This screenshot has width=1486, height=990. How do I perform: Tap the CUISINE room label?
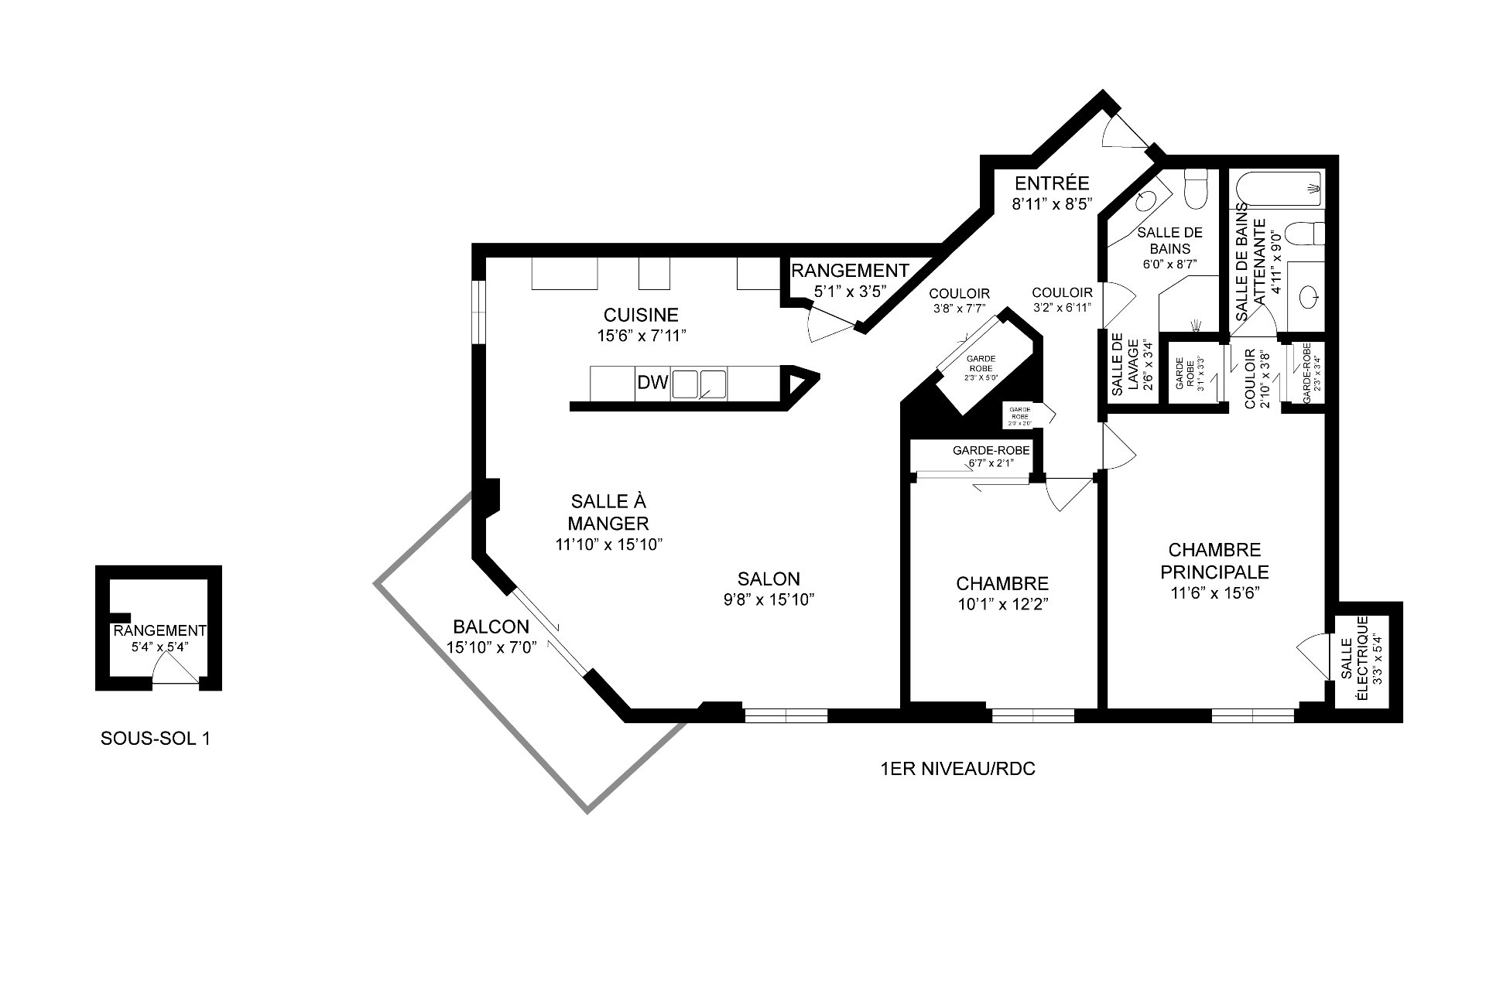coord(641,315)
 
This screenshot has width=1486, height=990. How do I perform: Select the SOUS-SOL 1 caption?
coord(155,739)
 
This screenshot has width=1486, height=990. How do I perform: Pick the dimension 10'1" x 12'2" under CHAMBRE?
coord(1002,604)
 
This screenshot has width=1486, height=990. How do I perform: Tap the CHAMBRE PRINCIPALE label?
coord(1219,561)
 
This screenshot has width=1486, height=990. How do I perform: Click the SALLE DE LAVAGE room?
coord(1129,368)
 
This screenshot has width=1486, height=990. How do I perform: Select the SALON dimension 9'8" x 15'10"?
coord(768,599)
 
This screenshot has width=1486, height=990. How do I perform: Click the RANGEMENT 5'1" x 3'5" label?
coord(848,281)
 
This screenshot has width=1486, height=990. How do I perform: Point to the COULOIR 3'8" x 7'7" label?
coord(959,300)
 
